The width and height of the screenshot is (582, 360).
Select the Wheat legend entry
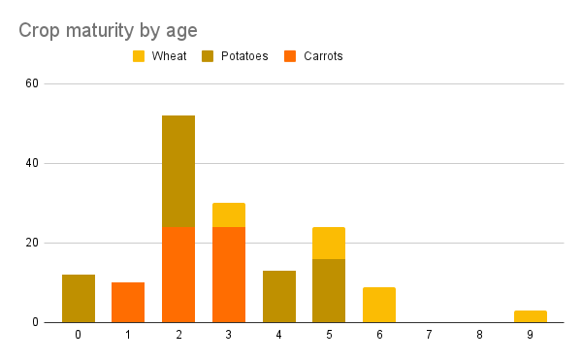(x=167, y=56)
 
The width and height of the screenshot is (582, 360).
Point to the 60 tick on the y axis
(x=32, y=83)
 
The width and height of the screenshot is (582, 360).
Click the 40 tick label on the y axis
(x=32, y=163)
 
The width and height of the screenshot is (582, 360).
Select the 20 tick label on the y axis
(x=32, y=243)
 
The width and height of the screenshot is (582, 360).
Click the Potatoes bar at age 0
(x=79, y=298)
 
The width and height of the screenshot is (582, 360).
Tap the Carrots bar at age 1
(x=128, y=302)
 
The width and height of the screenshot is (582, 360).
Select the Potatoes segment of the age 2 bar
(x=178, y=171)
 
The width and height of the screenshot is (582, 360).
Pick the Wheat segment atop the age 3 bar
(x=229, y=214)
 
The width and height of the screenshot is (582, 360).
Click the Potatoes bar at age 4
(x=279, y=296)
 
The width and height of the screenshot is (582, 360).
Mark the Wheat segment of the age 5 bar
(x=329, y=243)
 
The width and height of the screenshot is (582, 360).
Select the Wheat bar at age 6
(x=379, y=305)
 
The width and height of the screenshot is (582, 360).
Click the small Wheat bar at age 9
(x=530, y=316)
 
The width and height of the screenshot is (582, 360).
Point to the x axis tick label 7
(x=430, y=335)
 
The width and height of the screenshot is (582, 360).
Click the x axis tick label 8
(x=480, y=335)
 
